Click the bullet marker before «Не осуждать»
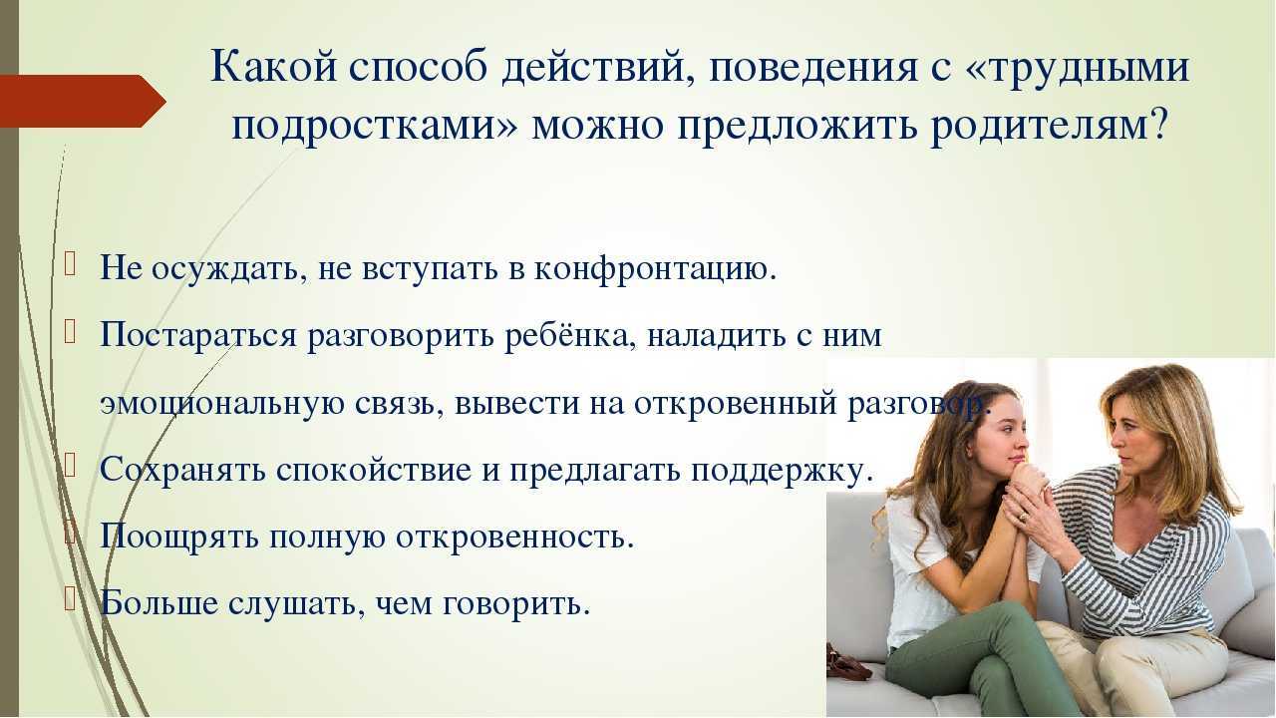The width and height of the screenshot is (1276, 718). (70, 266)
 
